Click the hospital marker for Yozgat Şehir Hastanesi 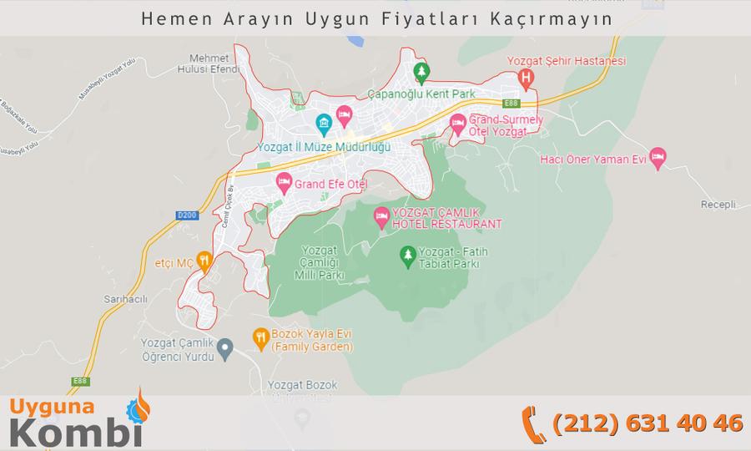tap(526, 79)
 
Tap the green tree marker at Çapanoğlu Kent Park tap(422, 73)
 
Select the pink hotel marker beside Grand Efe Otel tap(284, 181)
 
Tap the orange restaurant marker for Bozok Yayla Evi tap(260, 337)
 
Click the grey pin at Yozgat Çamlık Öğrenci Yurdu tap(224, 347)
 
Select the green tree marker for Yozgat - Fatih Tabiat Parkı tap(407, 255)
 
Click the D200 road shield tap(188, 215)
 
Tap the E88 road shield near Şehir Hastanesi tap(512, 103)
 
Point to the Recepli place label tap(718, 205)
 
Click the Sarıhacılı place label tap(127, 299)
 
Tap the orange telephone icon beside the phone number tap(532, 423)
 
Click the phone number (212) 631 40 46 tap(648, 423)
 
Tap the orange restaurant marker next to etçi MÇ tap(204, 261)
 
